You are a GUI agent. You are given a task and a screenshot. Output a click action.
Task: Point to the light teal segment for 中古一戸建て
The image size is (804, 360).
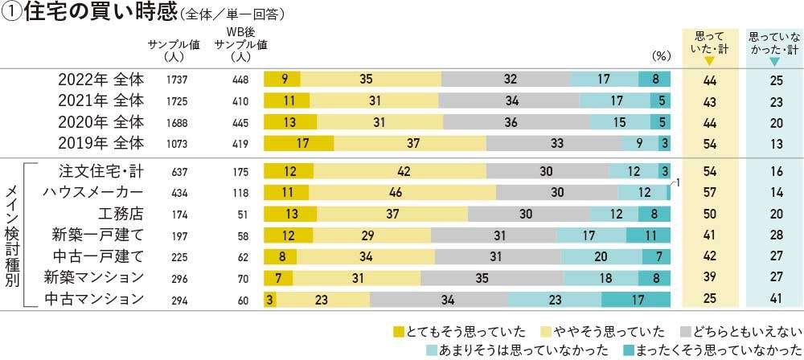(601, 257)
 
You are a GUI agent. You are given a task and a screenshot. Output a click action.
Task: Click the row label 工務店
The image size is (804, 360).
(121, 214)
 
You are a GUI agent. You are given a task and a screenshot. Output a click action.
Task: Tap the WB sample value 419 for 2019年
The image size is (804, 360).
(240, 144)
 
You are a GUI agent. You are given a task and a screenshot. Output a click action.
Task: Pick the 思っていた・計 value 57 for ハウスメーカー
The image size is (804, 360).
(710, 193)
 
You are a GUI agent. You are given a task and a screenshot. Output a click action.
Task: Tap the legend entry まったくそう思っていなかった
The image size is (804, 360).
(711, 350)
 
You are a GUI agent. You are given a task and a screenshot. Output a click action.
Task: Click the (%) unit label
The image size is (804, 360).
(661, 56)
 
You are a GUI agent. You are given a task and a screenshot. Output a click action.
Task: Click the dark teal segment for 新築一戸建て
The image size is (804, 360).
(648, 235)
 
